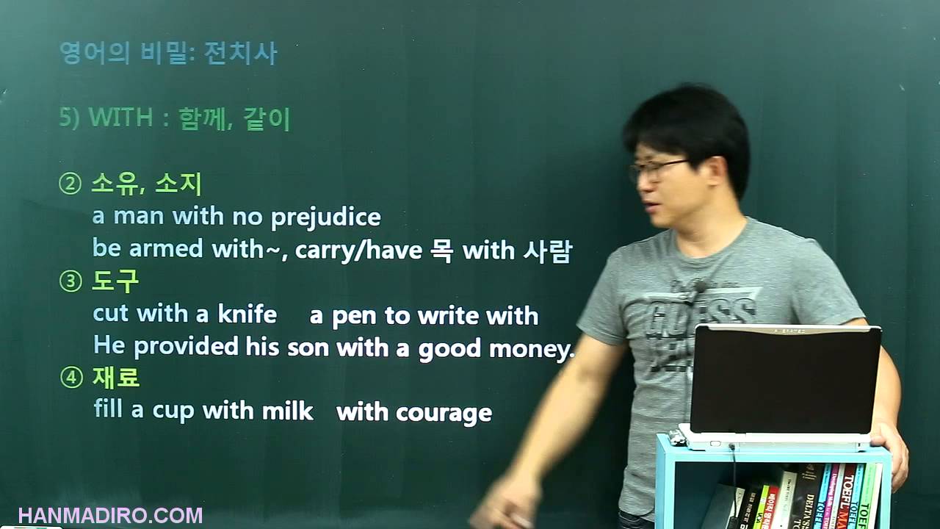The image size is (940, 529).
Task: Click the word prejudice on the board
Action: click(x=325, y=217)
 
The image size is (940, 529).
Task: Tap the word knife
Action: click(x=247, y=314)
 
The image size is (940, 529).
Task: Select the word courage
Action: click(x=444, y=413)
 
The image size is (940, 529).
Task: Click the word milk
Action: click(x=288, y=411)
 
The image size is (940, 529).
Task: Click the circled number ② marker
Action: click(x=70, y=184)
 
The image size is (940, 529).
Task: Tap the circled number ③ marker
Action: click(x=70, y=282)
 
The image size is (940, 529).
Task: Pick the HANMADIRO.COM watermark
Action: click(x=110, y=515)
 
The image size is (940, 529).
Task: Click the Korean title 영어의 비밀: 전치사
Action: click(x=168, y=54)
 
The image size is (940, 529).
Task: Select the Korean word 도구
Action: click(x=115, y=281)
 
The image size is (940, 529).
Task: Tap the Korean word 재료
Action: click(x=115, y=378)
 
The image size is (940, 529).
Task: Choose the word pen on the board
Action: click(x=355, y=316)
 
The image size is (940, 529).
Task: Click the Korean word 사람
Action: click(x=547, y=251)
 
